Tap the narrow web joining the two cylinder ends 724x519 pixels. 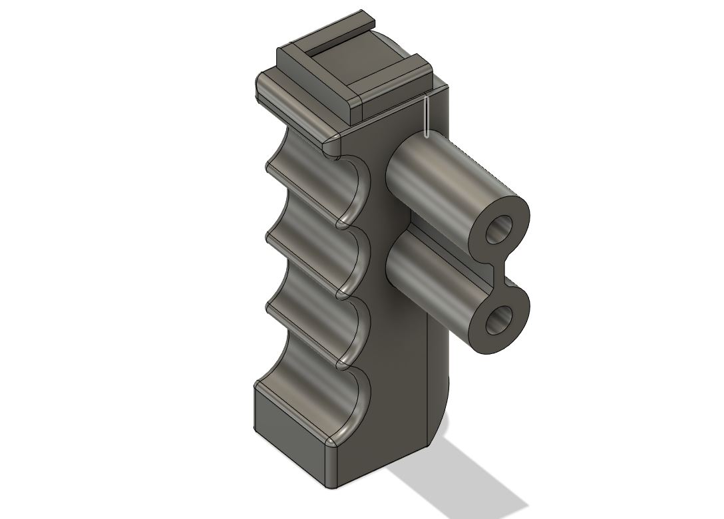[500, 275]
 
